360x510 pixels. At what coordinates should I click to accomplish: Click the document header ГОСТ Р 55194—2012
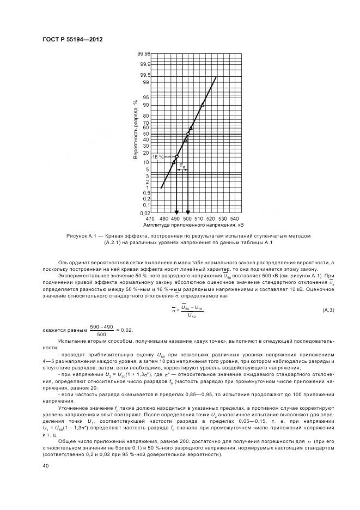point(72,39)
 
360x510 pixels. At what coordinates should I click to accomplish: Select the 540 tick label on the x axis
point(235,218)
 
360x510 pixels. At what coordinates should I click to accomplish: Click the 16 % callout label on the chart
point(157,157)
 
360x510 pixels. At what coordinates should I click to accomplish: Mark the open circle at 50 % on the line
point(188,134)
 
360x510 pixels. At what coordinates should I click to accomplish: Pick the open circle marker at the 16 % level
point(176,157)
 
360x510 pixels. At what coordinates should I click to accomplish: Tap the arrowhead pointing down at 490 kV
point(176,212)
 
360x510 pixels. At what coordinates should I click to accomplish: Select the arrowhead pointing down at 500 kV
point(188,212)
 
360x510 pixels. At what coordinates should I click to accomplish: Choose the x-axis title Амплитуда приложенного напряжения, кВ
point(193,224)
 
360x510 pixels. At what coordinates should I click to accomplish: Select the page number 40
point(46,465)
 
